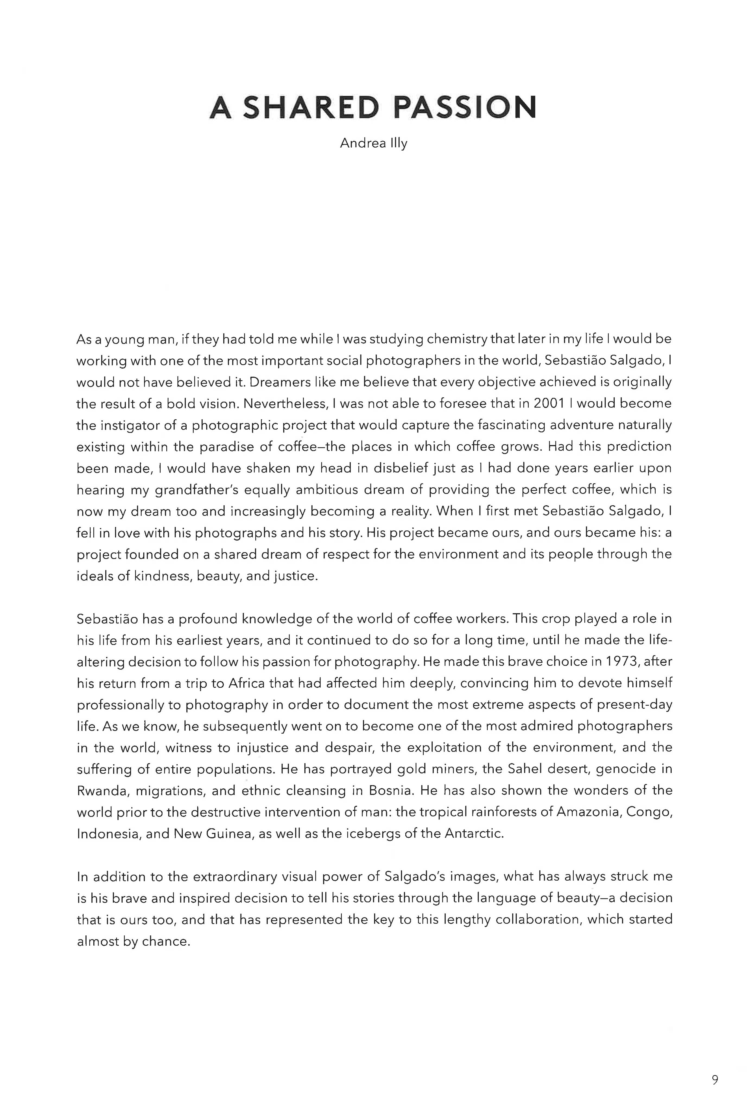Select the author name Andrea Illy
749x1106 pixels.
(x=374, y=143)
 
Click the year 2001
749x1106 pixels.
(x=548, y=404)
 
